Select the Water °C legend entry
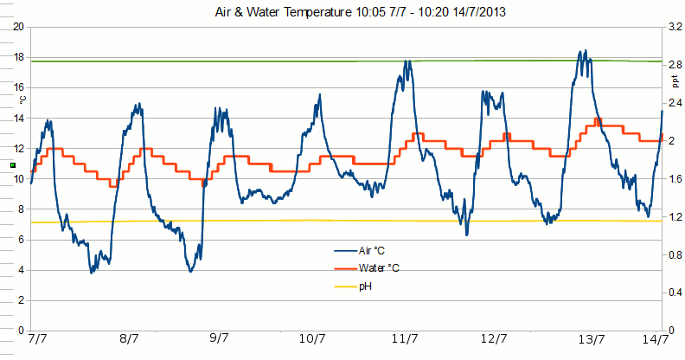(x=377, y=268)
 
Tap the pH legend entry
(x=365, y=286)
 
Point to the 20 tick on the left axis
(x=18, y=27)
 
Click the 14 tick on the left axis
(x=18, y=119)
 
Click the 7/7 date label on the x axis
(x=37, y=339)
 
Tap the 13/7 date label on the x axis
(x=591, y=339)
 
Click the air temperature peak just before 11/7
(x=407, y=61)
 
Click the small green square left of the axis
(x=12, y=164)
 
